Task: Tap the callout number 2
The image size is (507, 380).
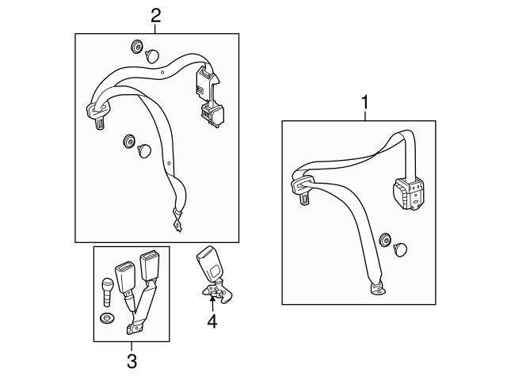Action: pyautogui.click(x=155, y=14)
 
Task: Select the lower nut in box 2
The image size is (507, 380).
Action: pyautogui.click(x=128, y=141)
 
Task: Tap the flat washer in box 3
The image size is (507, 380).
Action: pyautogui.click(x=107, y=318)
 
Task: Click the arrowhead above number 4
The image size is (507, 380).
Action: pyautogui.click(x=212, y=299)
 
